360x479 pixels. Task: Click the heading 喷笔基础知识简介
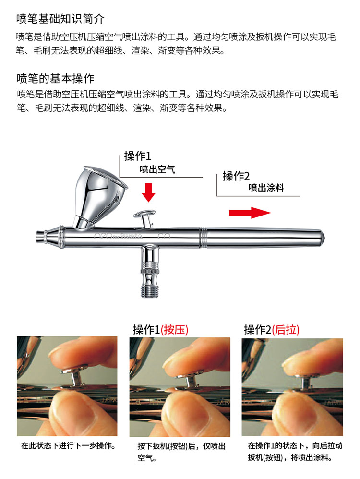[x=60, y=20]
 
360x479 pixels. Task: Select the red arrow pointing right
[x=250, y=213]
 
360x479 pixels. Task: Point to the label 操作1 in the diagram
[x=138, y=156]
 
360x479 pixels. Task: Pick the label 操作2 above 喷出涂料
[x=236, y=176]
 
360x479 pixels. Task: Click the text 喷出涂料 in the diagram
[x=266, y=188]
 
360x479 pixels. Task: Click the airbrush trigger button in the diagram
[x=145, y=214]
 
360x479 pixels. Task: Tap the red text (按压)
[x=175, y=330]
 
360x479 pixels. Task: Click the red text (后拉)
[x=286, y=330]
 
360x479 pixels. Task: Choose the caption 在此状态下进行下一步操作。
[x=68, y=445]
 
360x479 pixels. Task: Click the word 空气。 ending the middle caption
[x=144, y=458]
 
